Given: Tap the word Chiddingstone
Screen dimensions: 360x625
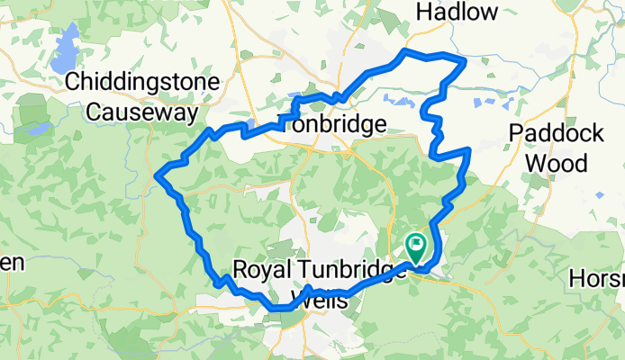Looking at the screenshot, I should click(144, 84).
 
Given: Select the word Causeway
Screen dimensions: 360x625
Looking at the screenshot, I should click(144, 112).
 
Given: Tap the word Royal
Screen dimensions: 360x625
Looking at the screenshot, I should click(261, 269).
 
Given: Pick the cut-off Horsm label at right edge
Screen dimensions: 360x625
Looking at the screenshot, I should click(596, 279).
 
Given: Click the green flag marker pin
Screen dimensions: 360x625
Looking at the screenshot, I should click(416, 244).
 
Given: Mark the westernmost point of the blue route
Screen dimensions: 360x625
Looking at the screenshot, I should click(158, 175).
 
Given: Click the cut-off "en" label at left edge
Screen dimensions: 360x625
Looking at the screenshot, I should click(11, 262).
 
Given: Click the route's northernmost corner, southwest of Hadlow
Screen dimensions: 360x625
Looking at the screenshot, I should click(404, 51).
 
